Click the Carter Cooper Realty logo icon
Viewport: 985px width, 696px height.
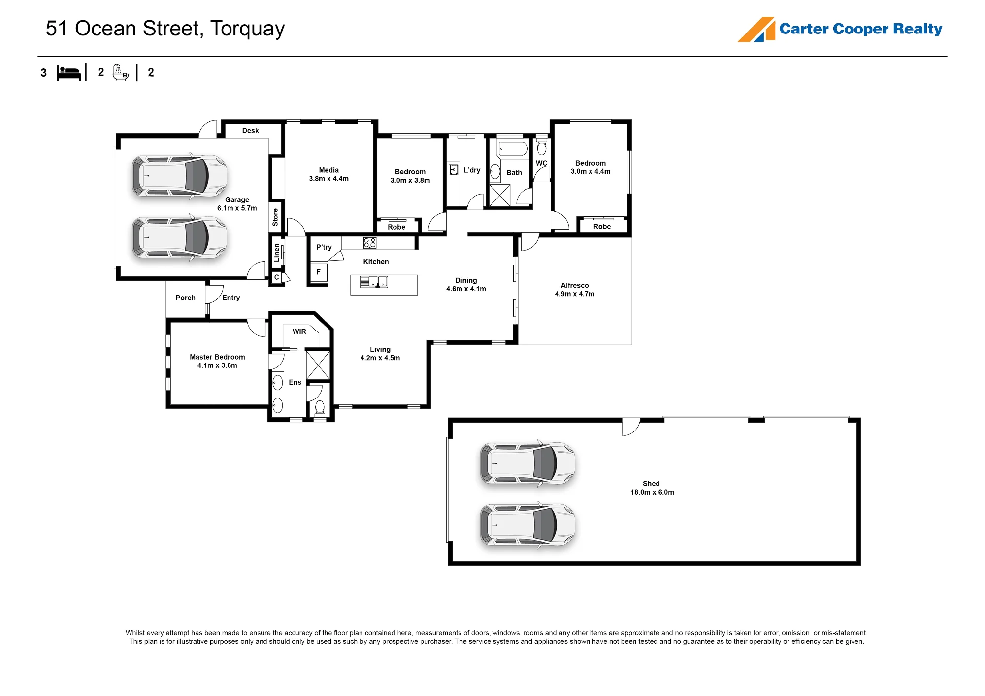[x=756, y=30]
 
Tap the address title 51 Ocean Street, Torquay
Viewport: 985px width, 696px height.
[x=165, y=29]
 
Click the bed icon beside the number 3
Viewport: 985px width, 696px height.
[x=68, y=72]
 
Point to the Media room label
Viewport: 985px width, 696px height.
[x=328, y=174]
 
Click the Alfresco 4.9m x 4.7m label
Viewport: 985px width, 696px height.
[x=575, y=289]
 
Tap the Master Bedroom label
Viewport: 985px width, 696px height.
[x=217, y=361]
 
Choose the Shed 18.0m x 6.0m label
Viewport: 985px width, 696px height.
[x=652, y=488]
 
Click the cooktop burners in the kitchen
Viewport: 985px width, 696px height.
[x=370, y=243]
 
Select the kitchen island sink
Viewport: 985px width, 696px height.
[x=374, y=282]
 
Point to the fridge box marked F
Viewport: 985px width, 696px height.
[x=319, y=272]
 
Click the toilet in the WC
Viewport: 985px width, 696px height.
[x=542, y=147]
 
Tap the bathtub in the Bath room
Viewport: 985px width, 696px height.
[x=513, y=149]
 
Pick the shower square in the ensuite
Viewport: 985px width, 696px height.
[x=318, y=365]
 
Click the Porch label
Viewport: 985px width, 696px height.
[x=186, y=298]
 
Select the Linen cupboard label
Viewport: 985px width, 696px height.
[x=277, y=252]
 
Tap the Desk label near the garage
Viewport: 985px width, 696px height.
[x=250, y=131]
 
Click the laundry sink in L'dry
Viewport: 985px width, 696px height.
[x=454, y=170]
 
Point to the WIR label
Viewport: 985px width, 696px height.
[x=299, y=331]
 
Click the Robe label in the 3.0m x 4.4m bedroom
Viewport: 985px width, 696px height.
[x=602, y=227]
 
